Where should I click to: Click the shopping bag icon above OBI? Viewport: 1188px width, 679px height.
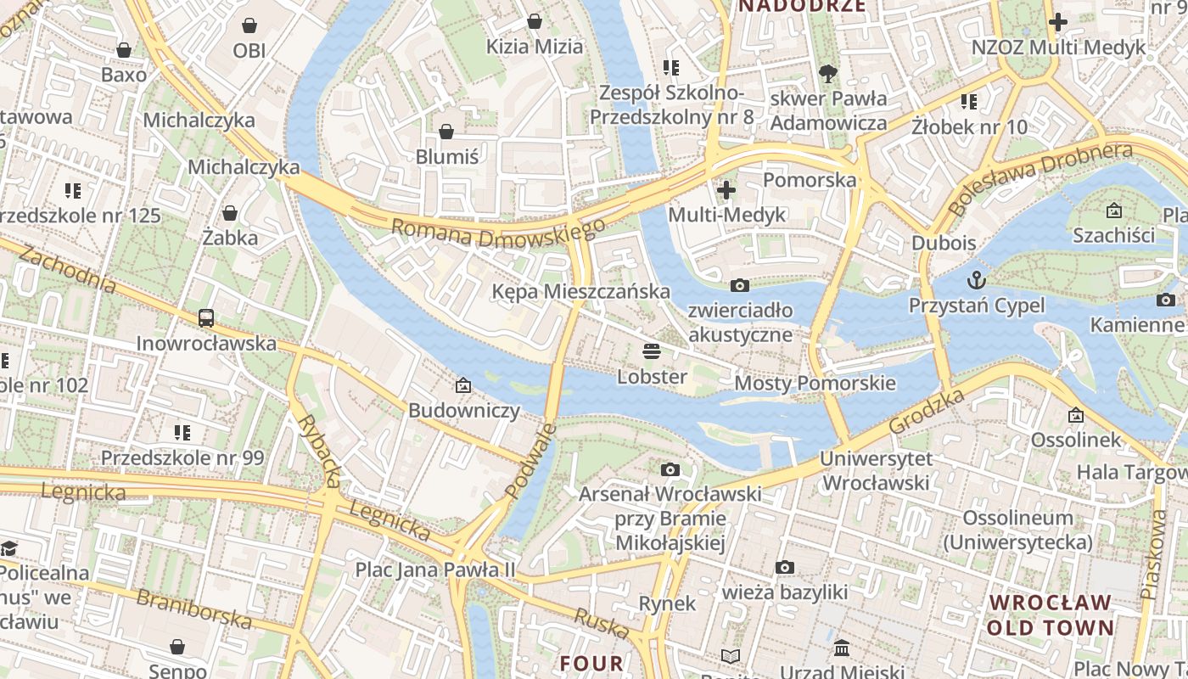249,25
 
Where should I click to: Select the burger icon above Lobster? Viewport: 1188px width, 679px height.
652,351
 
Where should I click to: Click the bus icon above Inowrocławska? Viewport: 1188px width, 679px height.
206,318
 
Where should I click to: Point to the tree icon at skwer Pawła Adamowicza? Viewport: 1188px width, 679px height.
828,73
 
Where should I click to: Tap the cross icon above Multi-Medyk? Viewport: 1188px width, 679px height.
726,189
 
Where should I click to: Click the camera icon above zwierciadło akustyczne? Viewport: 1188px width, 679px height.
740,285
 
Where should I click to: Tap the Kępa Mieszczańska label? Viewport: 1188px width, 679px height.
581,292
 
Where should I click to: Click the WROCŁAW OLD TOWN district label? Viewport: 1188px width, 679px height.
1051,615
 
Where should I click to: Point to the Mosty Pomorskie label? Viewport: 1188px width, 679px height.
815,383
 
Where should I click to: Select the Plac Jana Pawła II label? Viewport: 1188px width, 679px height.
434,570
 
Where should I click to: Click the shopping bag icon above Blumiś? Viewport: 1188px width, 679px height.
446,132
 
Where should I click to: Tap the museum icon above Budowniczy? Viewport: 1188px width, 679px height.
463,385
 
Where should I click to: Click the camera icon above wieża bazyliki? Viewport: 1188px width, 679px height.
785,567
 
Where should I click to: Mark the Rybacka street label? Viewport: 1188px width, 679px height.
318,451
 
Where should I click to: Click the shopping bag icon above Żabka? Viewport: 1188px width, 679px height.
229,212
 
